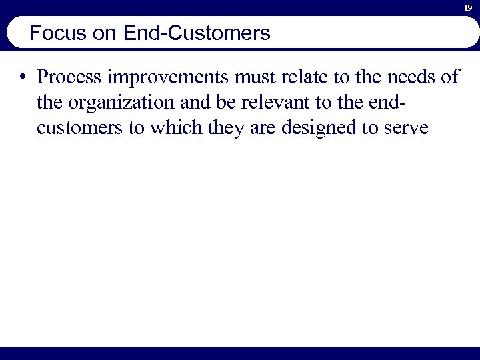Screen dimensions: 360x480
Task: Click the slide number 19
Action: (x=468, y=7)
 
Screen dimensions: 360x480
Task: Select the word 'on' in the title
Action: (x=105, y=33)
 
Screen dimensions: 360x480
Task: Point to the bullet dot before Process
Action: (x=23, y=77)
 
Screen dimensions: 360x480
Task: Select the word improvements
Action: (x=155, y=78)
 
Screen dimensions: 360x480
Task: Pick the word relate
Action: (x=286, y=77)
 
